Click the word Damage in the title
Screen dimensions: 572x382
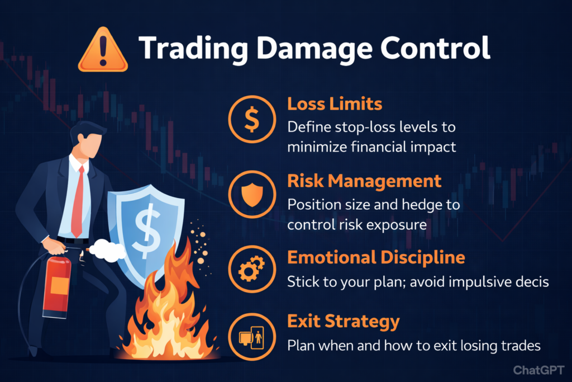[314, 49]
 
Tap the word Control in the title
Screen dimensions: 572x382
[435, 48]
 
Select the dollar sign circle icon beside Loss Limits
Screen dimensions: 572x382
[252, 119]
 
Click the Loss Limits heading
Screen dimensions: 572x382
[335, 103]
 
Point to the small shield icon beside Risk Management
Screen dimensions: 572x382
[252, 195]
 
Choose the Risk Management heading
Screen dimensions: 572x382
[364, 181]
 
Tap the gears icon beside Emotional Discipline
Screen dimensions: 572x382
[252, 269]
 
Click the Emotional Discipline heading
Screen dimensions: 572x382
[376, 257]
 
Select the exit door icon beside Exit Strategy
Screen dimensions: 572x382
[252, 337]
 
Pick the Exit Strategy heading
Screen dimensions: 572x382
[344, 322]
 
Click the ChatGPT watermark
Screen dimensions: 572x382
[538, 370]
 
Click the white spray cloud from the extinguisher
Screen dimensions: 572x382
[107, 250]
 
